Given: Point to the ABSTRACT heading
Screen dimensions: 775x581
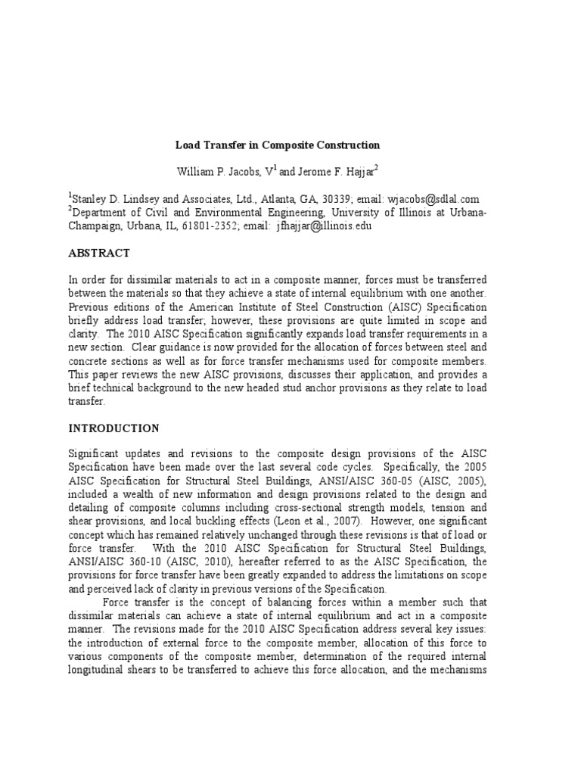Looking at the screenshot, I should pos(99,254).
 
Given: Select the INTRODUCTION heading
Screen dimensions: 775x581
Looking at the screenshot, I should pos(113,428).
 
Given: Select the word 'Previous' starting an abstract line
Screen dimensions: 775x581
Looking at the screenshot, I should pos(89,307).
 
